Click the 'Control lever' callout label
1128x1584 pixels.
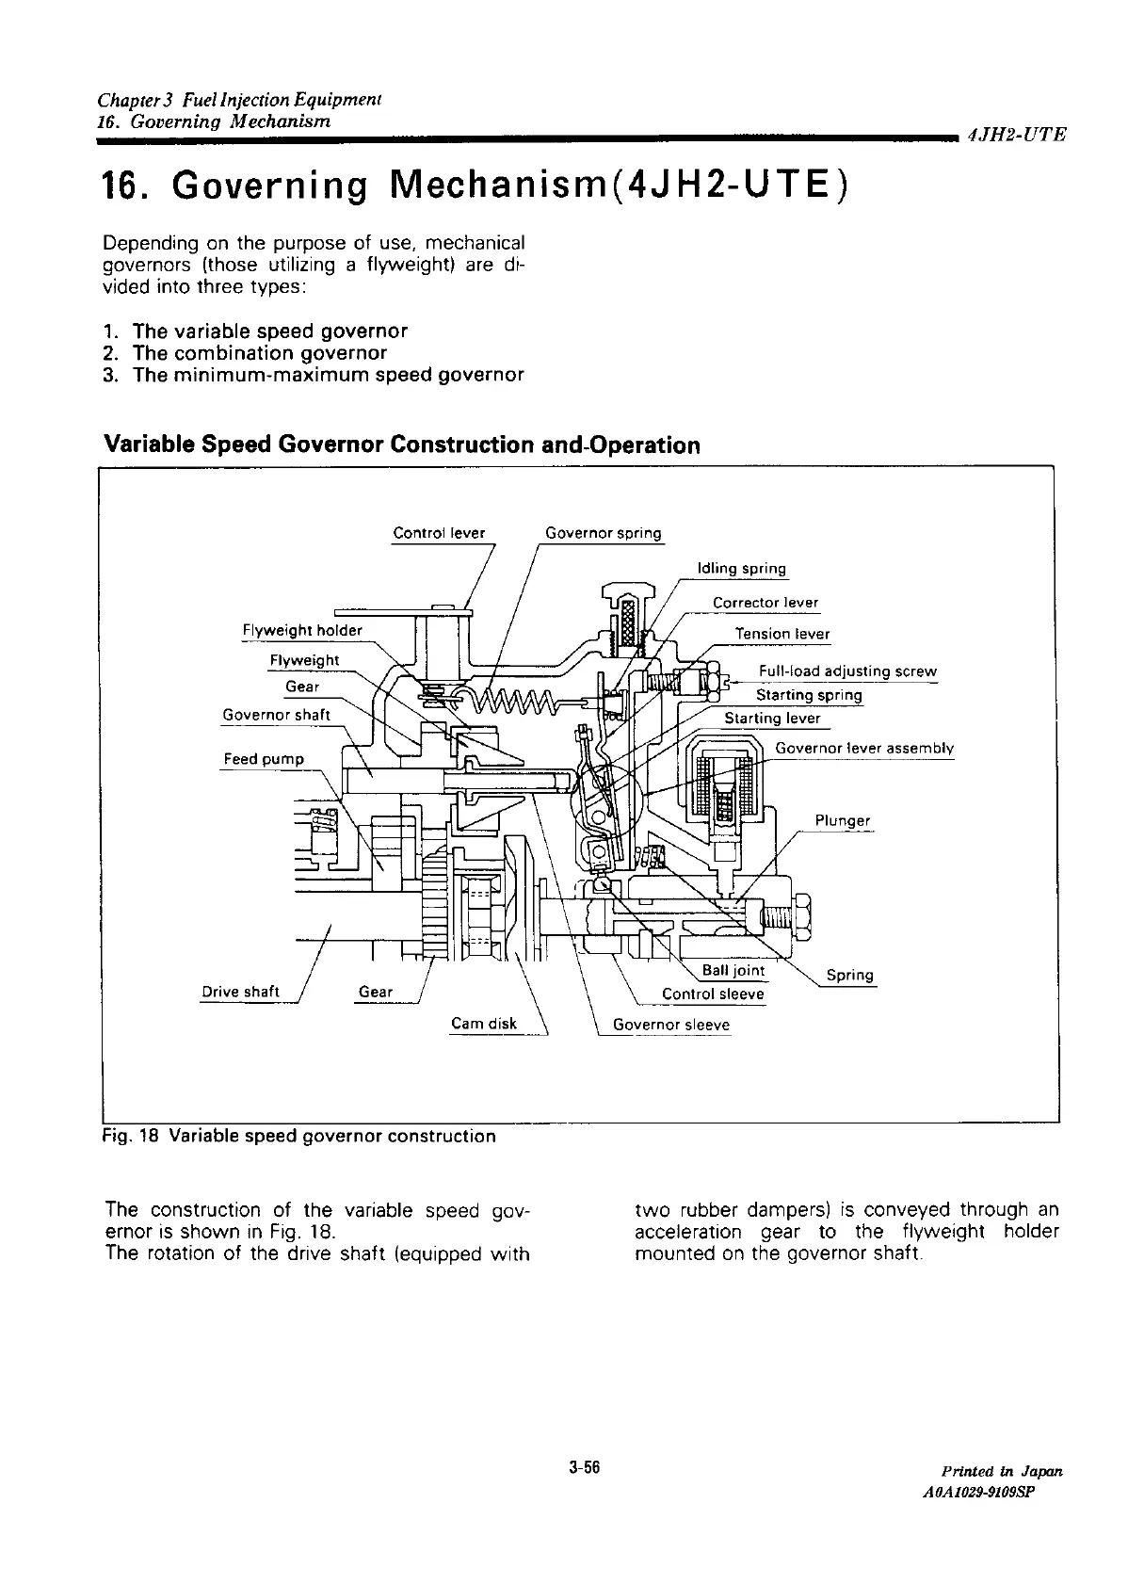[439, 533]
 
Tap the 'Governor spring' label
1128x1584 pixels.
[604, 533]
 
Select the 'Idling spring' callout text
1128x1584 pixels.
[741, 568]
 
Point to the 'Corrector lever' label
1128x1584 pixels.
[765, 603]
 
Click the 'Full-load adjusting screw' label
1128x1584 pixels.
[847, 671]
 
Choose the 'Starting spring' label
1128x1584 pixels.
[809, 695]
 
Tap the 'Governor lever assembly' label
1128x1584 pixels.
[864, 749]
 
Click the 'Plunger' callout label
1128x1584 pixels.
[843, 820]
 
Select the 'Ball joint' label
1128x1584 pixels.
[733, 971]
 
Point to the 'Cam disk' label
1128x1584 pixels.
[484, 1024]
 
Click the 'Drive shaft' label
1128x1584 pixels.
[241, 992]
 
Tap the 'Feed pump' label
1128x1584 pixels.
[264, 759]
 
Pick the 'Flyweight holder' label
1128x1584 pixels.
[302, 630]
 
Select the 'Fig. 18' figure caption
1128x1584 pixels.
[298, 1136]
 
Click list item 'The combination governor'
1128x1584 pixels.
[260, 353]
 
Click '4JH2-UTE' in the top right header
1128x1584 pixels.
[1016, 135]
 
